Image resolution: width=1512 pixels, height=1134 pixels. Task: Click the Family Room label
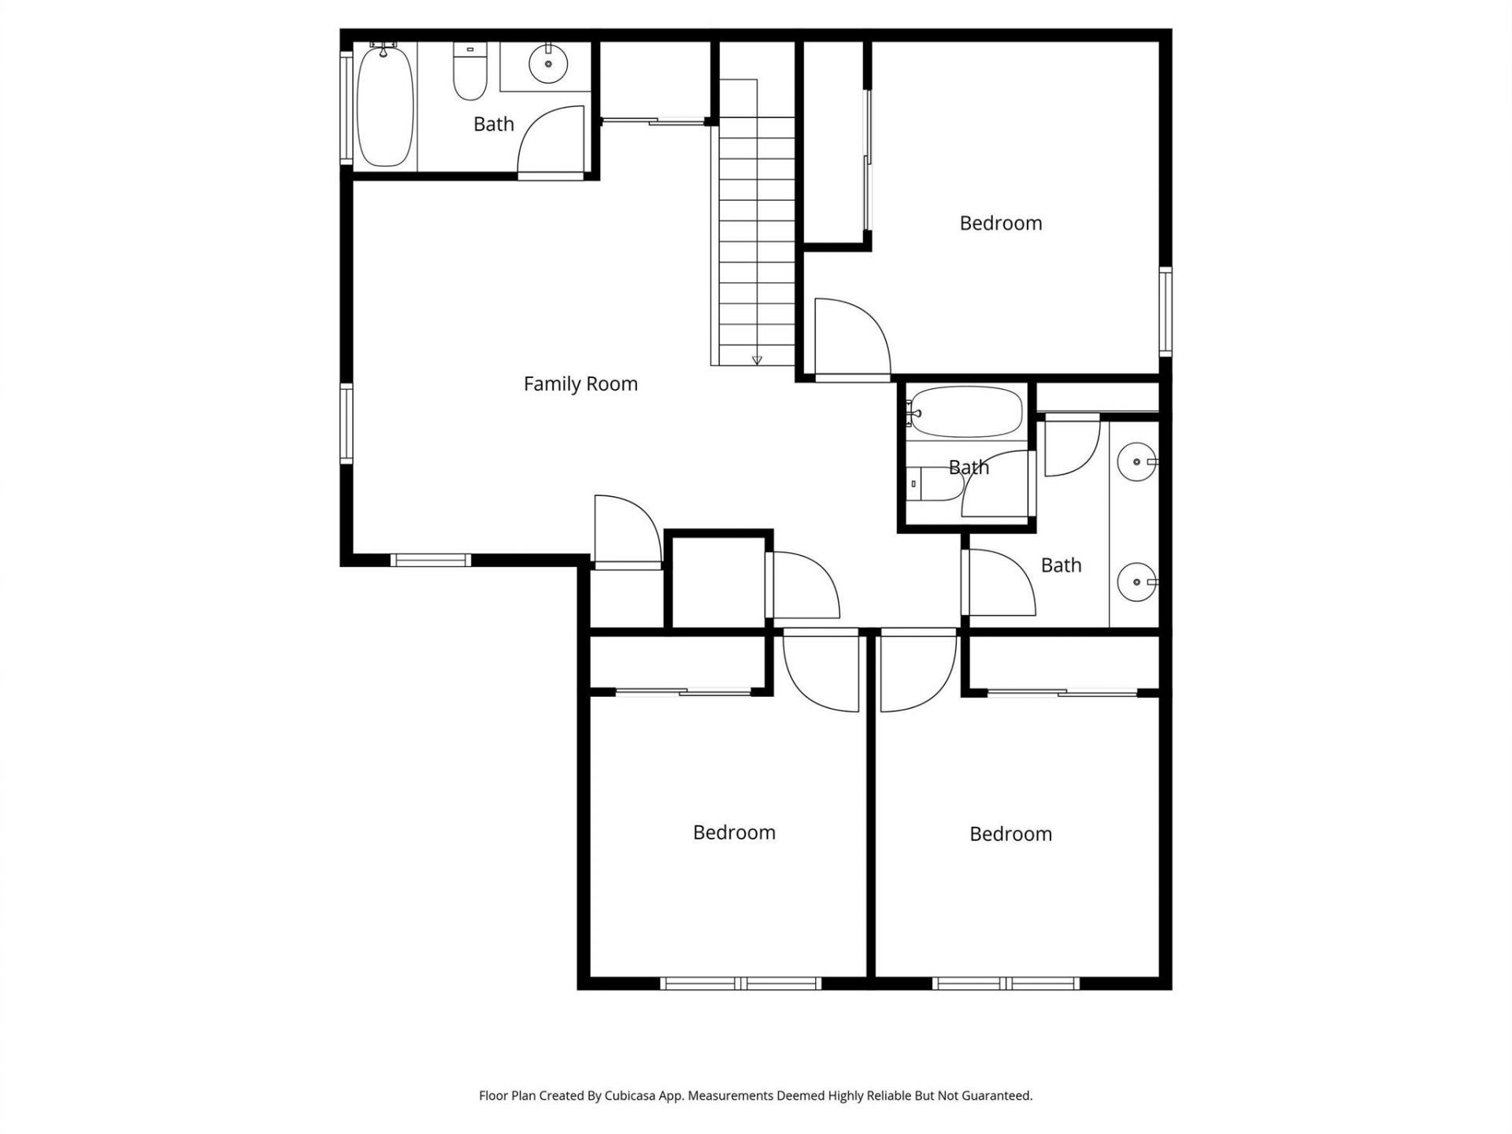[580, 384]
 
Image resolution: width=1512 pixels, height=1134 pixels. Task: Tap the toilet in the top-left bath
[470, 72]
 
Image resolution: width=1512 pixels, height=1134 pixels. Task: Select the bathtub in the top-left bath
[384, 106]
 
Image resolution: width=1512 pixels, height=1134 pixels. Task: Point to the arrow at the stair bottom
[757, 360]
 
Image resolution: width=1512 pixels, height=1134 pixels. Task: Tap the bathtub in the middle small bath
[965, 411]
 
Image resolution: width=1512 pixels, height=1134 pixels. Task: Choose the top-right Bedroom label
[1000, 223]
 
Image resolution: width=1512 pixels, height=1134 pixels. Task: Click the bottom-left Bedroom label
[734, 832]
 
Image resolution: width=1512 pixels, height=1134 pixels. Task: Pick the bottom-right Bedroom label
[1010, 834]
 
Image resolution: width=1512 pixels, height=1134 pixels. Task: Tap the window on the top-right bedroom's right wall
[1165, 310]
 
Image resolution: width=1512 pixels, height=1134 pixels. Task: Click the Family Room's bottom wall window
[430, 560]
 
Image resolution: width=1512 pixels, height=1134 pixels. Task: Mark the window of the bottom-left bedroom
[740, 983]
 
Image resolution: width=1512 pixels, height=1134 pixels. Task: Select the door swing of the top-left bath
[551, 142]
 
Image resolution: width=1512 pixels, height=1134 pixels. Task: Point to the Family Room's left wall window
[346, 423]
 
